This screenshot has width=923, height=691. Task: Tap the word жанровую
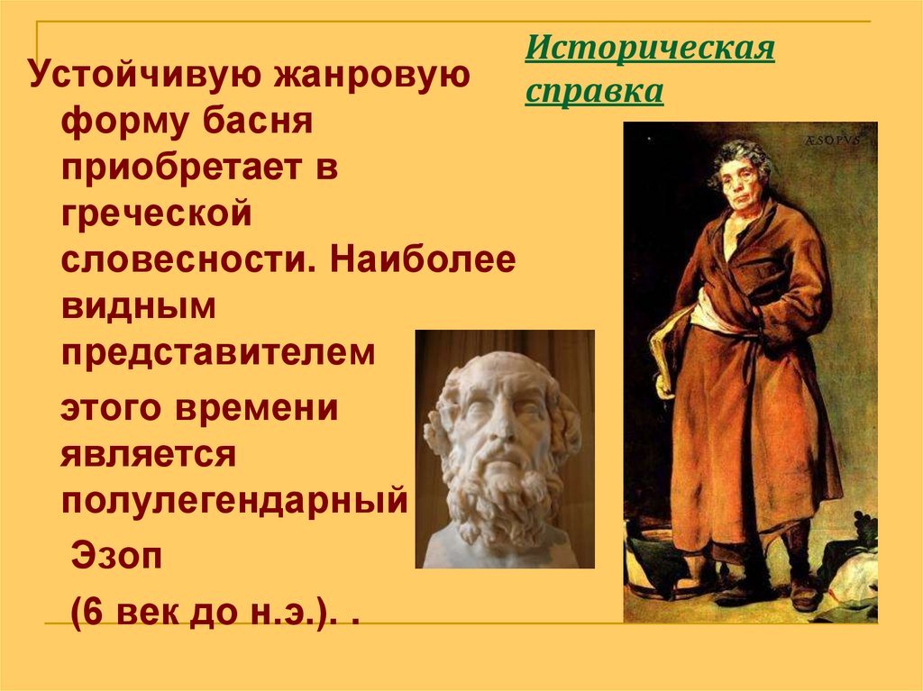click(367, 77)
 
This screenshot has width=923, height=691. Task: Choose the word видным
click(139, 306)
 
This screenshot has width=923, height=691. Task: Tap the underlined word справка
click(594, 92)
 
